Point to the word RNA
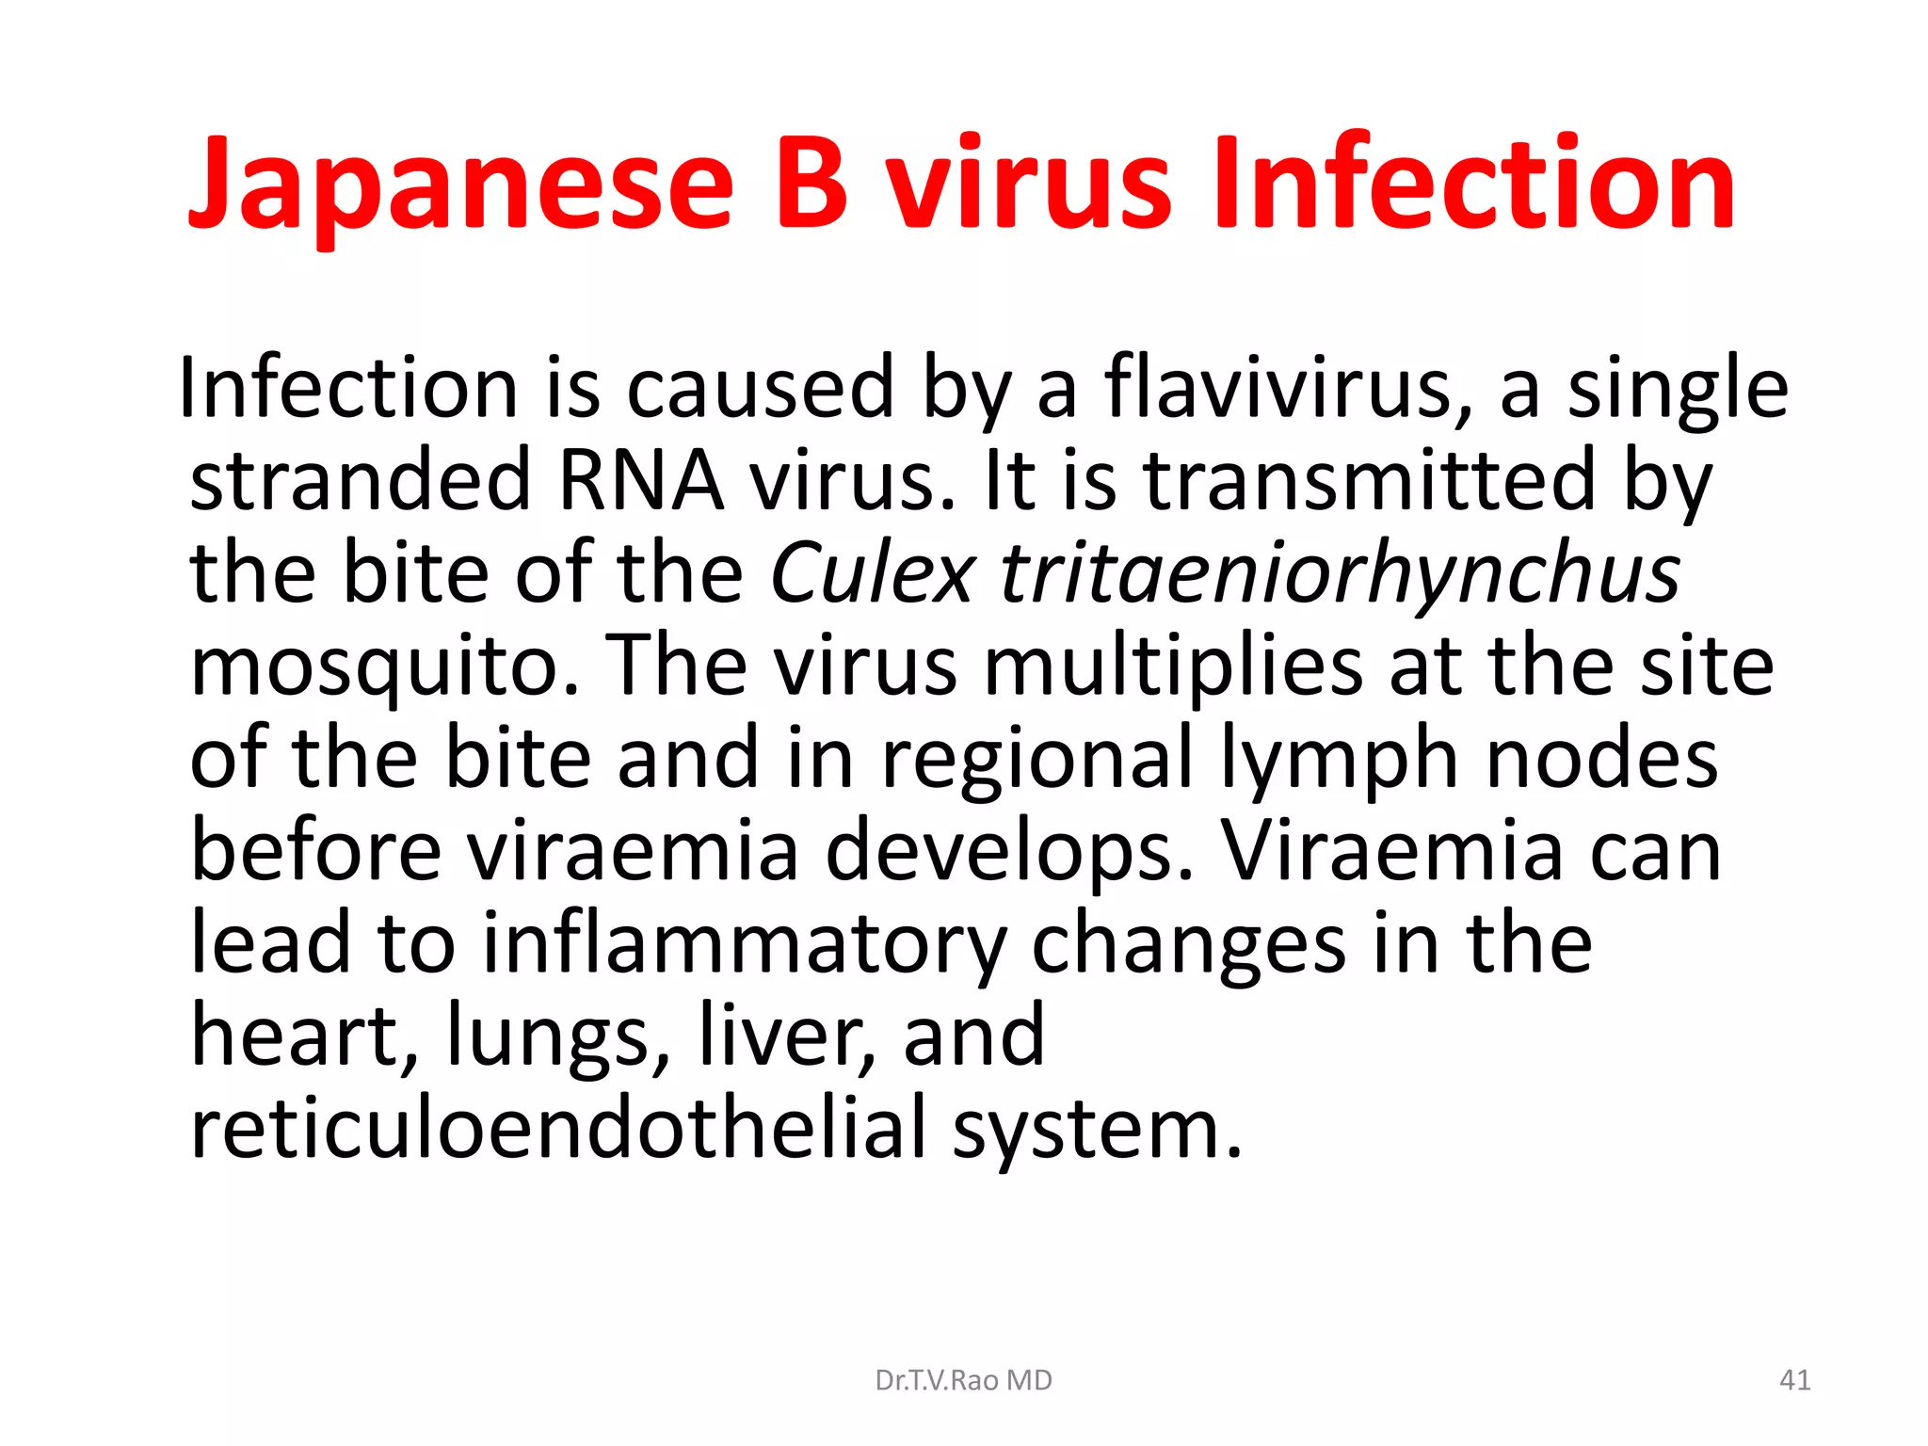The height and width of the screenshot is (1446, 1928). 641,480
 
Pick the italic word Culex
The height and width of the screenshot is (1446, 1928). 872,573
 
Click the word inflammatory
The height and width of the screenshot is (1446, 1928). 744,943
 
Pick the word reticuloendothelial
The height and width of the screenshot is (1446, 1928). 559,1129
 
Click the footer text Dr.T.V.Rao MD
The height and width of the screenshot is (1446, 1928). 963,1380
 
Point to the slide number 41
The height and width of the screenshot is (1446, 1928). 1794,1380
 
